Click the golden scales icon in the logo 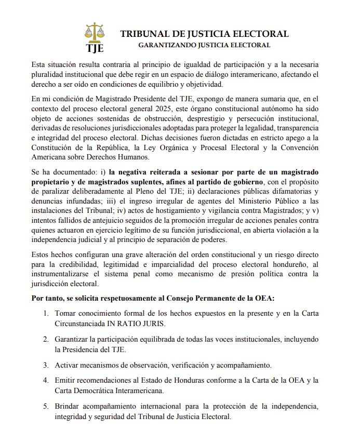coord(94,33)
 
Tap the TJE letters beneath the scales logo coord(95,48)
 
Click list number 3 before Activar coord(46,365)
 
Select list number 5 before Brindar coord(46,407)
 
